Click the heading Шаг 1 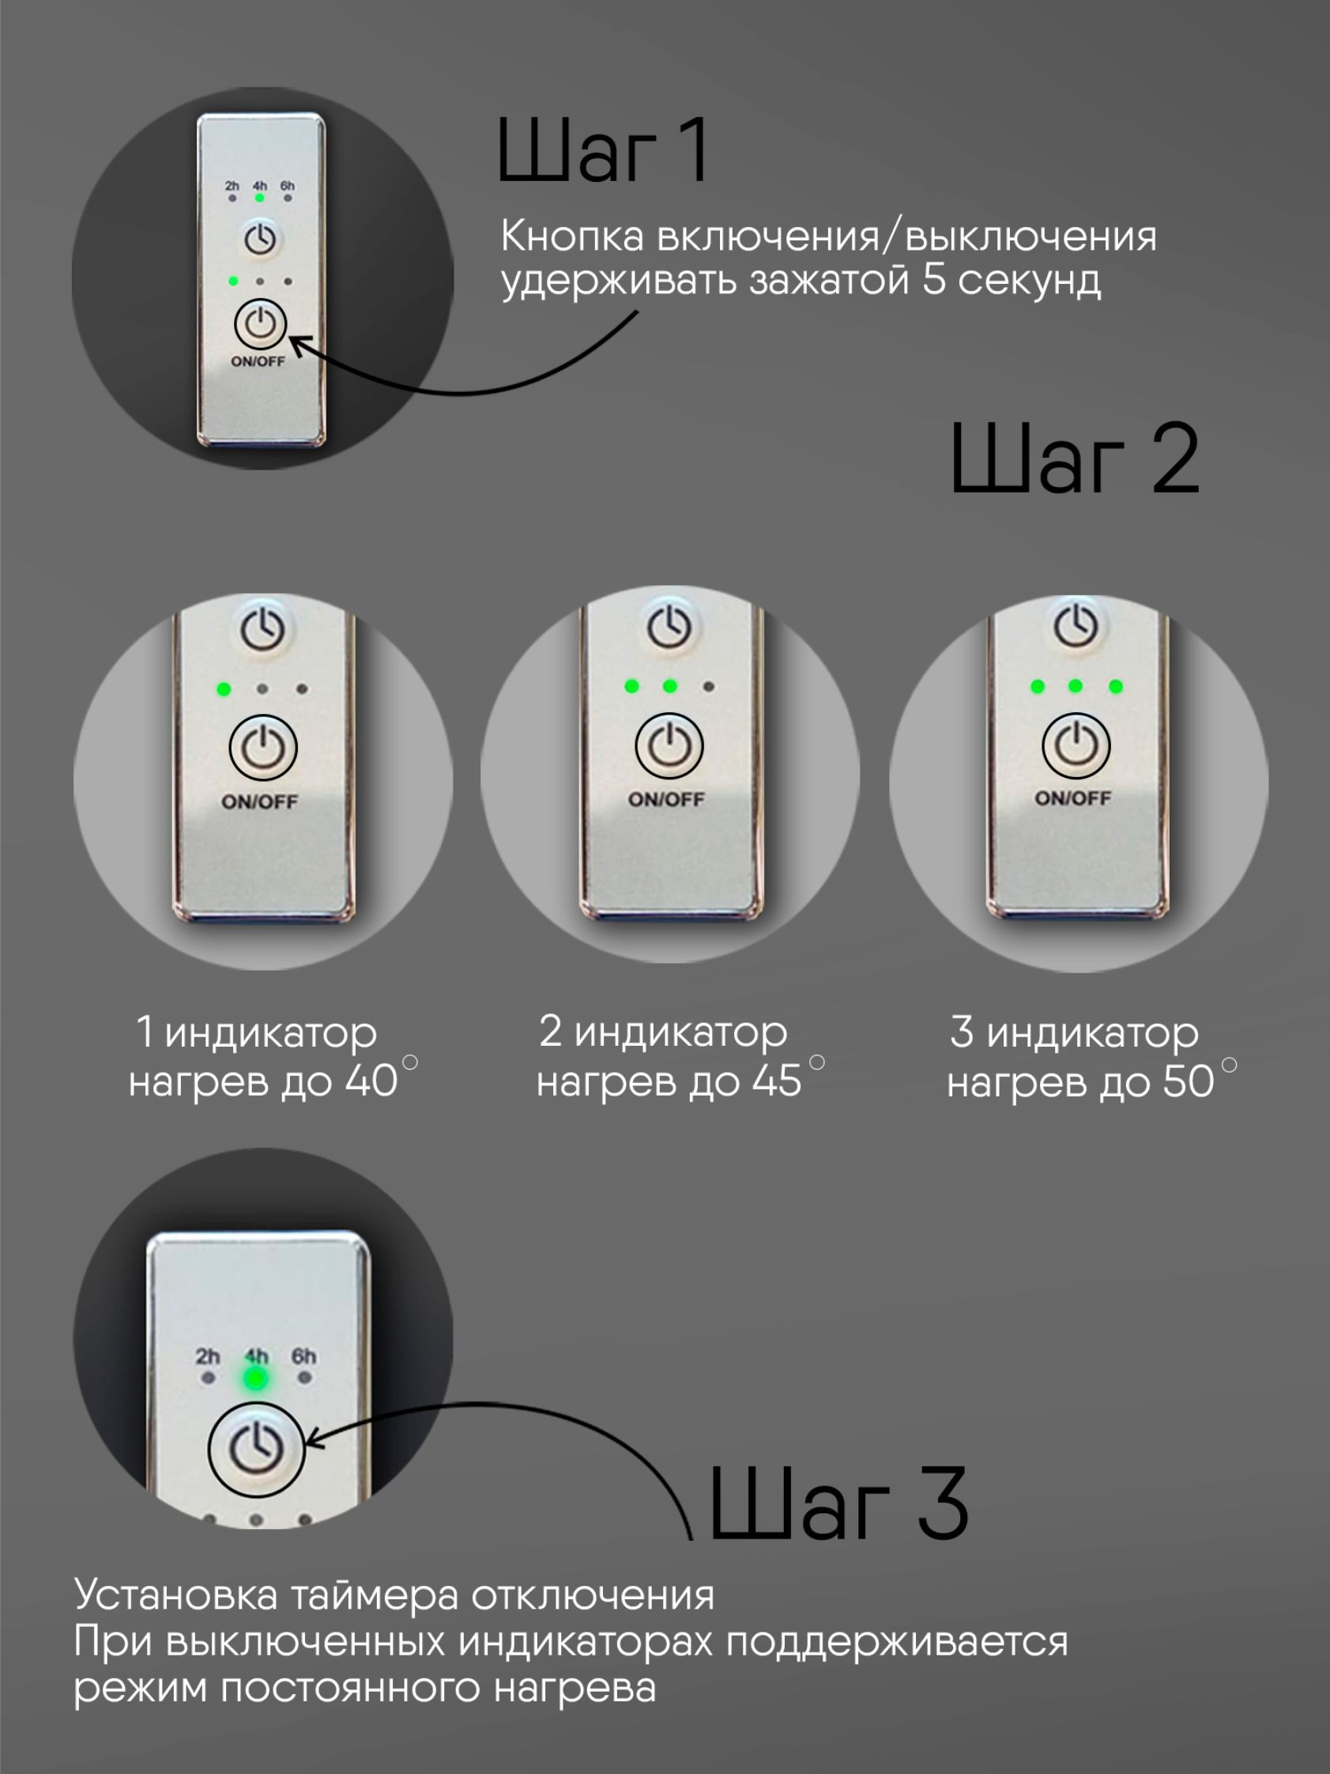(x=603, y=151)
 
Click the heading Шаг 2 (x=1074, y=459)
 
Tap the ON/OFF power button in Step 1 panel (x=261, y=325)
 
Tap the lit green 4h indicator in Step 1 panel (x=260, y=198)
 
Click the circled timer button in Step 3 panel (x=257, y=1448)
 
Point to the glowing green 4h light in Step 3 (x=256, y=1379)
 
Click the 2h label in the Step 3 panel (x=208, y=1356)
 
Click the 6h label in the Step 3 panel (x=303, y=1356)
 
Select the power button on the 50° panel (x=1076, y=745)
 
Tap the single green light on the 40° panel (x=224, y=689)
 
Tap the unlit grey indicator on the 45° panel (x=708, y=686)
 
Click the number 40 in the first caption (x=371, y=1083)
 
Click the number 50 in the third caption (x=1188, y=1083)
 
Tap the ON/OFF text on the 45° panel (x=666, y=799)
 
